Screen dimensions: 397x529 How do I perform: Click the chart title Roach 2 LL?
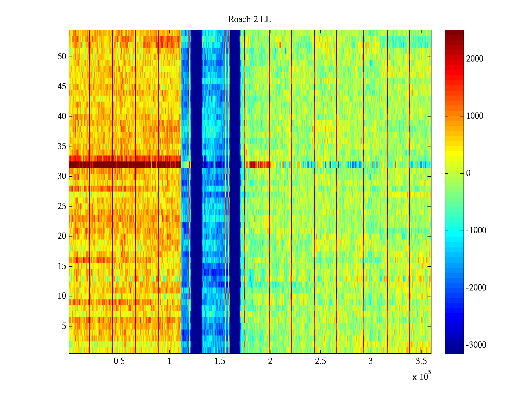click(x=249, y=20)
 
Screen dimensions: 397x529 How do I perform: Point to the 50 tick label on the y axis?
click(x=62, y=57)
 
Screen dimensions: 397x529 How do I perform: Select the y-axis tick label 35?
click(x=62, y=147)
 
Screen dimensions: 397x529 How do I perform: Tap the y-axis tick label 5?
click(x=64, y=326)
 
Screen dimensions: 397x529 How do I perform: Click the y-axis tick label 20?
click(x=62, y=236)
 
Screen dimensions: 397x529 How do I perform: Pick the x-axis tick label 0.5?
click(x=119, y=361)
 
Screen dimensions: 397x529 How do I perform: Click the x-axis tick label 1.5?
click(x=220, y=361)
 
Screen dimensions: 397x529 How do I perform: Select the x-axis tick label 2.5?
click(x=320, y=361)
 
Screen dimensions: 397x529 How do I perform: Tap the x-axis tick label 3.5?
click(x=421, y=361)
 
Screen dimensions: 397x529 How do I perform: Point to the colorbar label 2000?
click(x=475, y=59)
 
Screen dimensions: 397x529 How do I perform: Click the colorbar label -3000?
click(x=476, y=345)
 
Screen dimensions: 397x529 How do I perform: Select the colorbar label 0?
click(x=468, y=173)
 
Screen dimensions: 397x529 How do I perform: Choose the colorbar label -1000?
click(x=476, y=231)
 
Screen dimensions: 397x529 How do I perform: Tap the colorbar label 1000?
click(x=475, y=116)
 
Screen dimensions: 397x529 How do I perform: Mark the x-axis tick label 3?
click(x=371, y=361)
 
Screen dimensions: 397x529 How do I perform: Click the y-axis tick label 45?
click(x=62, y=87)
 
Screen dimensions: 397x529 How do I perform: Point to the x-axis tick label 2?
click(x=270, y=361)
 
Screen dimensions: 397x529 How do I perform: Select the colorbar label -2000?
click(x=476, y=288)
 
